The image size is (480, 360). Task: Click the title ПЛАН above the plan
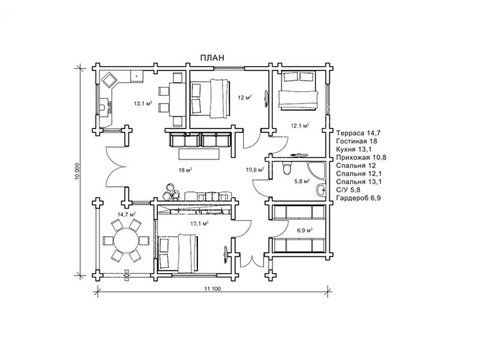[212, 58]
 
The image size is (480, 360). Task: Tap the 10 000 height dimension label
[77, 171]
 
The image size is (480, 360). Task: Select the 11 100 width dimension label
[212, 289]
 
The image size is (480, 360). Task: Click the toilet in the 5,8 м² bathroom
[287, 168]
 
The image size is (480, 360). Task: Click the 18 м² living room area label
[185, 170]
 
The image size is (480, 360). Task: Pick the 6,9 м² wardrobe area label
[305, 230]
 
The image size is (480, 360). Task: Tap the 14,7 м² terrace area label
[127, 214]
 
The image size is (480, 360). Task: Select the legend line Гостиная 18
[356, 141]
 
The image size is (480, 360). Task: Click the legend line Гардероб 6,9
[358, 198]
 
